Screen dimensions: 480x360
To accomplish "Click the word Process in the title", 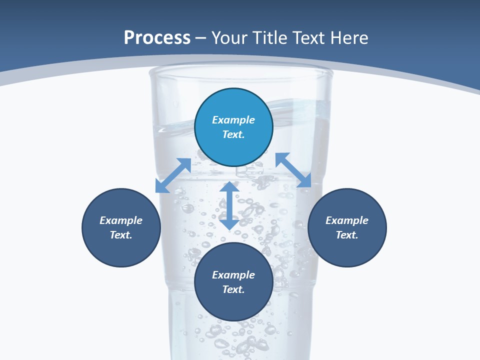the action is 157,38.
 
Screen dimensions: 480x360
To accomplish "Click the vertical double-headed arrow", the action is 229,205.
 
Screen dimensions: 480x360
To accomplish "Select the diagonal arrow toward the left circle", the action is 173,175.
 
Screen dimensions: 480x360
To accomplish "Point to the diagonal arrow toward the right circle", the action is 293,170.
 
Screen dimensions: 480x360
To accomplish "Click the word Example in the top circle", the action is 233,120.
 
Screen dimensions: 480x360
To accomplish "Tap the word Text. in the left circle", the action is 121,235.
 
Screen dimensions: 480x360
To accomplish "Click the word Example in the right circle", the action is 347,220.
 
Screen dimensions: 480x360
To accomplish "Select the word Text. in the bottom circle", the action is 233,289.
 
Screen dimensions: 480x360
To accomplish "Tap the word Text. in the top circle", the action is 233,134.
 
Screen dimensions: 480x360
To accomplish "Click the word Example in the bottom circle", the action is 233,275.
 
